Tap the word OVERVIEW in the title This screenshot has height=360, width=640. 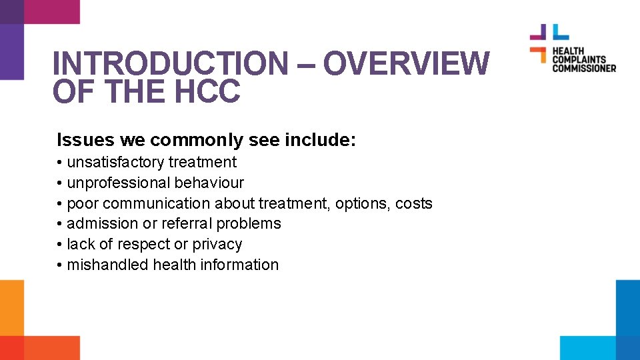coord(406,64)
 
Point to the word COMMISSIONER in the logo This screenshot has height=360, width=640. coord(583,68)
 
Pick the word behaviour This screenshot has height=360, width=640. coord(209,183)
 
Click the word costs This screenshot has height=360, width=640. coord(414,203)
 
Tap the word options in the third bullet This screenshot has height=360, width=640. coord(361,203)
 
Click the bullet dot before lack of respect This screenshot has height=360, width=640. coord(60,245)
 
